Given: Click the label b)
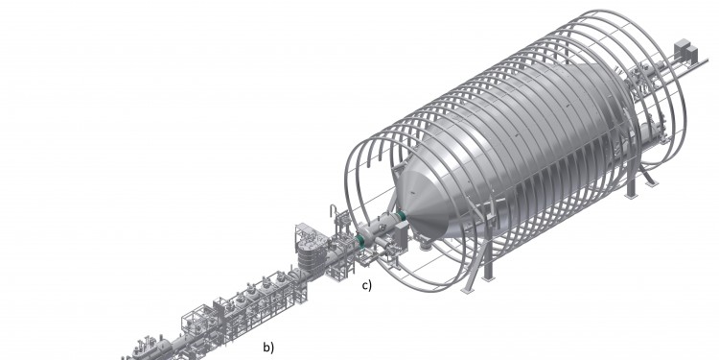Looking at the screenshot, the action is pos(268,348).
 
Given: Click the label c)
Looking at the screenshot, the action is pos(367,285).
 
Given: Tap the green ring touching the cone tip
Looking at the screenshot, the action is pos(402,215).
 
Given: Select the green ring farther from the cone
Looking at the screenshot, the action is pos(360,242).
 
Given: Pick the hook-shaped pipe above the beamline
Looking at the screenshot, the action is pos(334,212).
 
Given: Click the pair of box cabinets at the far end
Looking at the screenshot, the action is pos(685,51).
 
